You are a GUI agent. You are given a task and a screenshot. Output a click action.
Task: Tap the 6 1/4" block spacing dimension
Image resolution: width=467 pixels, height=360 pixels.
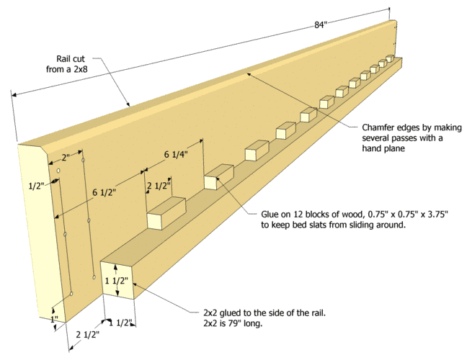(177, 154)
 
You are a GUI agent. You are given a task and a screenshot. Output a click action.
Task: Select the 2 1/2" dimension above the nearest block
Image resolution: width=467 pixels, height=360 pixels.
(159, 186)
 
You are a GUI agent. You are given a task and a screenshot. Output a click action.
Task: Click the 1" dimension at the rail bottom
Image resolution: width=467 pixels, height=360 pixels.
(55, 318)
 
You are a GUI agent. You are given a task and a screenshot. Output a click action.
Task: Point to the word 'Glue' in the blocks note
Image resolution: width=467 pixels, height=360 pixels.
(270, 214)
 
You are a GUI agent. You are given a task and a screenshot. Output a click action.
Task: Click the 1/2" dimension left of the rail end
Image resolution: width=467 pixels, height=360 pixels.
(35, 186)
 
